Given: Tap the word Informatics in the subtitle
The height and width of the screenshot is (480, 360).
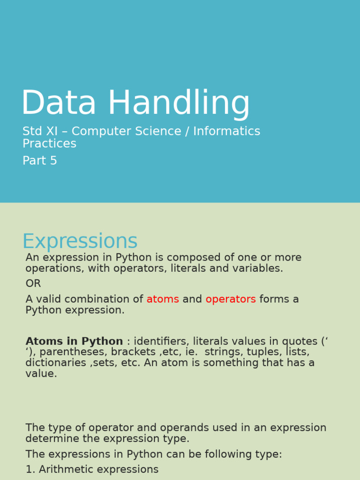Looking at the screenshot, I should pyautogui.click(x=226, y=131).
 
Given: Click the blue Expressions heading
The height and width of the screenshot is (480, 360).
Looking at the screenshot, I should pyautogui.click(x=80, y=241).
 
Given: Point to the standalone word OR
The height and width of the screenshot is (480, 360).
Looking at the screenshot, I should pyautogui.click(x=33, y=284).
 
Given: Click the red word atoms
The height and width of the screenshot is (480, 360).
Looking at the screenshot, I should pyautogui.click(x=163, y=299).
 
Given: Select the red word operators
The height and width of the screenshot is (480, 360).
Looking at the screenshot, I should pyautogui.click(x=231, y=299).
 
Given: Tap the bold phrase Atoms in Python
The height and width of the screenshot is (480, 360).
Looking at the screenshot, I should pyautogui.click(x=74, y=341).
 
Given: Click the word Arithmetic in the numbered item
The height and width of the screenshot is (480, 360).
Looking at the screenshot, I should pyautogui.click(x=67, y=469).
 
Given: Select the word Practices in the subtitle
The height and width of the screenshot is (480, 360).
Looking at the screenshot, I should pyautogui.click(x=49, y=143).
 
